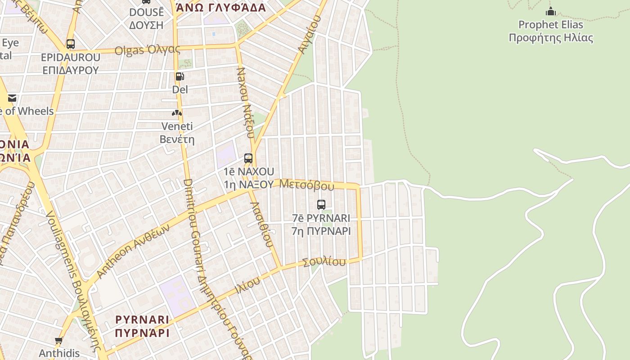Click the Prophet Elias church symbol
tap(550, 11)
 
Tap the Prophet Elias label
tap(550, 31)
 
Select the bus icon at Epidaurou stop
tap(70, 44)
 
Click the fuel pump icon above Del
tap(180, 76)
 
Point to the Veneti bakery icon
tap(177, 112)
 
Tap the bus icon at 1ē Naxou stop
tap(248, 158)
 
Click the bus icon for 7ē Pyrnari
tap(321, 205)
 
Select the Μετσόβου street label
tap(306, 184)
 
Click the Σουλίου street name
tap(324, 262)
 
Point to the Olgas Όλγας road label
tap(147, 49)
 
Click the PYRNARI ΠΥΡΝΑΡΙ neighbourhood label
tap(142, 326)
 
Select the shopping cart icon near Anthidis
tap(58, 341)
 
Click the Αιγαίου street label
tap(309, 34)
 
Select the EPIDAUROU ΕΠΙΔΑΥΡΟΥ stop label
tap(70, 63)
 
